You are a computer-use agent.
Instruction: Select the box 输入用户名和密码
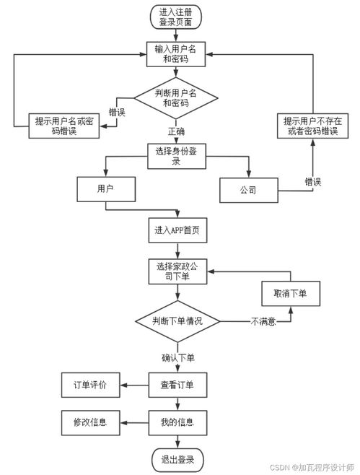click(x=177, y=54)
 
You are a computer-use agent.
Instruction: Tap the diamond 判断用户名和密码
click(x=177, y=97)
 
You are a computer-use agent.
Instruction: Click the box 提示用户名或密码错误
click(x=63, y=126)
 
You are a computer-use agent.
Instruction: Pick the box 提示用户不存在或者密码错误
click(x=312, y=126)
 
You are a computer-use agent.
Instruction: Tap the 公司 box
click(x=249, y=192)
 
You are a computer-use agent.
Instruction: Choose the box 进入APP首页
click(x=177, y=231)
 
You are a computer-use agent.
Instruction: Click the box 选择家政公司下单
click(x=177, y=271)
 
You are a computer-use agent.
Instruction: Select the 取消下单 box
click(x=290, y=294)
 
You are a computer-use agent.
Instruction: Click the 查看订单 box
click(x=177, y=385)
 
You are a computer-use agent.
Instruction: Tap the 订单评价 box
click(x=89, y=385)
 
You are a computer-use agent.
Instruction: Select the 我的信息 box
click(x=177, y=422)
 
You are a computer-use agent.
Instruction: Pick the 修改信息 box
click(x=89, y=422)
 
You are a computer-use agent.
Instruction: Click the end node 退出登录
click(x=177, y=458)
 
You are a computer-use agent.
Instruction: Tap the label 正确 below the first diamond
click(x=177, y=132)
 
